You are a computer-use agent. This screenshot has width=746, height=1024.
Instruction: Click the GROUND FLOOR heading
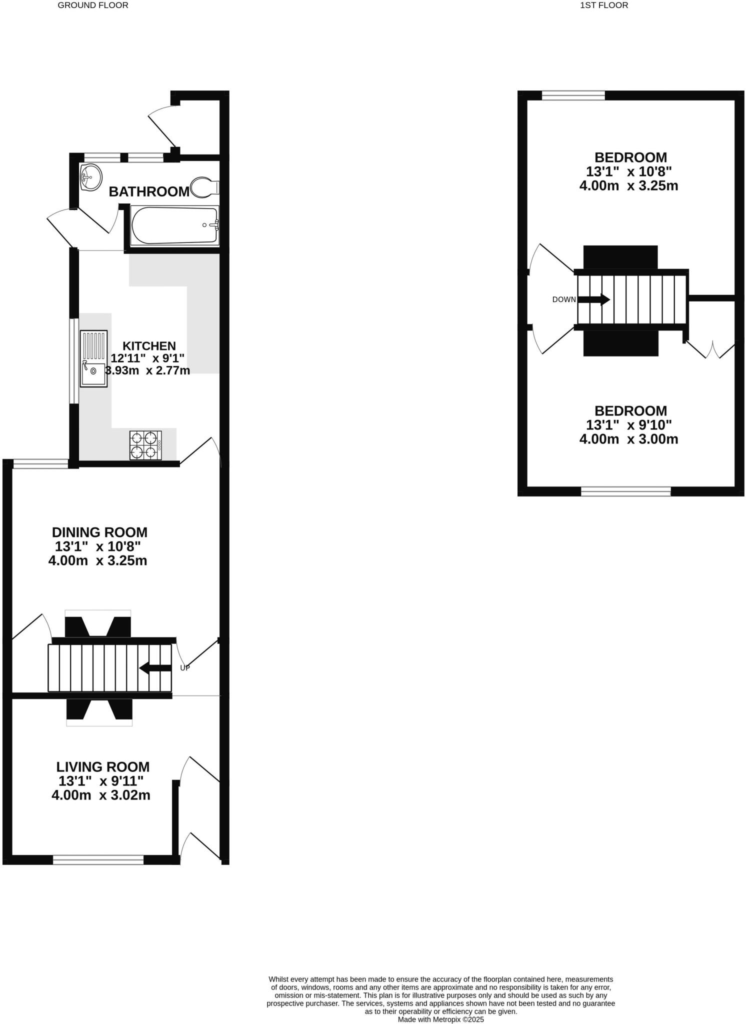[93, 5]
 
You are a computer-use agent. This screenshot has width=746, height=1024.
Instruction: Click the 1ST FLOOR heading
[603, 5]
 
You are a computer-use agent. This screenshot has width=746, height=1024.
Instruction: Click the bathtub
[174, 226]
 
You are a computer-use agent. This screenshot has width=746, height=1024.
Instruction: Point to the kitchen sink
[93, 358]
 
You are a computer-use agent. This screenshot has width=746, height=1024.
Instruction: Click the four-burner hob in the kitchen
[145, 445]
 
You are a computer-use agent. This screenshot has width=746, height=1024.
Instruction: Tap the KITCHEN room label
[149, 346]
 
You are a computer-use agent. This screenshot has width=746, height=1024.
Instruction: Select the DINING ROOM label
[99, 532]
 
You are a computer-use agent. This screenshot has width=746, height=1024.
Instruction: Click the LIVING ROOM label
[102, 766]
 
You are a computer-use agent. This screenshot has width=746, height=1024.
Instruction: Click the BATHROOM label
[149, 191]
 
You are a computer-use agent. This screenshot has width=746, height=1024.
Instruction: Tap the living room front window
[98, 859]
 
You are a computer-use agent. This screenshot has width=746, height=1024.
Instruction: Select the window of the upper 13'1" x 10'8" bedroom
[573, 95]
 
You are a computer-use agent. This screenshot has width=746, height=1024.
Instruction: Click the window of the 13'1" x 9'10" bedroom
[625, 491]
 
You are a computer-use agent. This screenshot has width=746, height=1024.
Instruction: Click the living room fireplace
[99, 711]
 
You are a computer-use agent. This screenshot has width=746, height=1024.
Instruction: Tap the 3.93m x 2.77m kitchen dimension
[148, 370]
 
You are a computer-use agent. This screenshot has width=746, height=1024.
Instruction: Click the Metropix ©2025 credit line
[440, 1019]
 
